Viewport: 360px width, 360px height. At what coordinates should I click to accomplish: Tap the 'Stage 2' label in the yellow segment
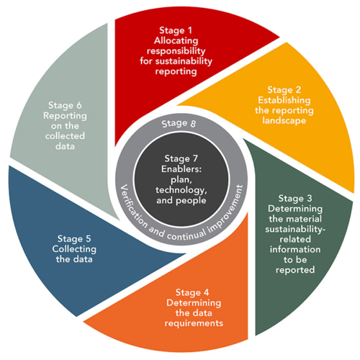coord(282,91)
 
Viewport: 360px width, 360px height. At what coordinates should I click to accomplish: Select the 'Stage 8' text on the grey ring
coord(180,123)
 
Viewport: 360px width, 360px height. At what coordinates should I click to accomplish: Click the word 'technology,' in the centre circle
coord(181,192)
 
